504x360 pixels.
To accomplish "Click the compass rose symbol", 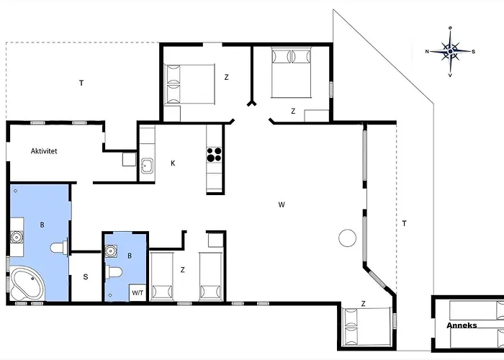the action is click(x=450, y=51).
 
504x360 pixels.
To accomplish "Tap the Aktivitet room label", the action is click(x=44, y=151).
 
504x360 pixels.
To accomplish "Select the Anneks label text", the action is click(x=462, y=325).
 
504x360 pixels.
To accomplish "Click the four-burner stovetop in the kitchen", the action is click(x=214, y=155).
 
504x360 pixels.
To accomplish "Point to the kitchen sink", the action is click(x=147, y=166).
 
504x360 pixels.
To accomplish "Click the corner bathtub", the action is click(x=27, y=284).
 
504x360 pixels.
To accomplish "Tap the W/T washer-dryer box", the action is click(x=138, y=293).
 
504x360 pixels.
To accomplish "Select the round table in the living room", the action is click(x=348, y=238).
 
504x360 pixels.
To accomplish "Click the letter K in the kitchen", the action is click(x=173, y=163).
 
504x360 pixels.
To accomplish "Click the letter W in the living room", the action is click(x=282, y=204).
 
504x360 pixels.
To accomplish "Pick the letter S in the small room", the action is click(x=86, y=276).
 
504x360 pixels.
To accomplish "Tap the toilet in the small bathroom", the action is click(x=114, y=272).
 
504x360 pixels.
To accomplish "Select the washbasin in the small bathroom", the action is click(x=111, y=251).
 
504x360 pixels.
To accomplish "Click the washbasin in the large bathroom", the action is click(x=17, y=237).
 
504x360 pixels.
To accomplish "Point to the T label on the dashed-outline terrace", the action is click(x=81, y=83).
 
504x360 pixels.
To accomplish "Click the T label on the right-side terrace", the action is click(x=405, y=223).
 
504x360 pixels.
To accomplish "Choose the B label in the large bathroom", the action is click(x=42, y=225).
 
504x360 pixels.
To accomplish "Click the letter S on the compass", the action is click(x=474, y=51).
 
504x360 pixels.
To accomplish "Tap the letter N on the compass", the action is click(x=427, y=51).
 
